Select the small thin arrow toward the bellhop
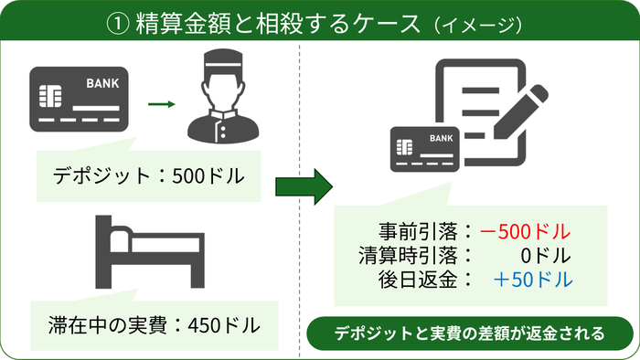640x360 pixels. coord(160,102)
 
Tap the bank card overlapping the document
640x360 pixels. coord(426,147)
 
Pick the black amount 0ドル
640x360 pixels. coord(549,253)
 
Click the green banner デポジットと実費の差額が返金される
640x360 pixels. coord(464,333)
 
